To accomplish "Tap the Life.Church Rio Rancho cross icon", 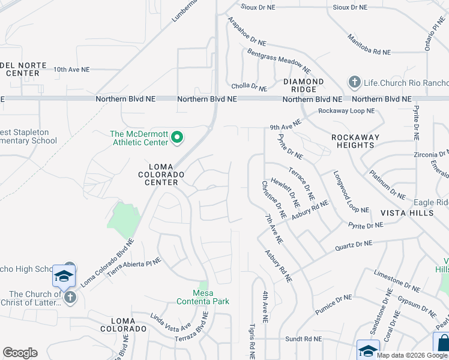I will (354, 82).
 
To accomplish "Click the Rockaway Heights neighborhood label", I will (355, 141).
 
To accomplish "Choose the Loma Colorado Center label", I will (164, 174).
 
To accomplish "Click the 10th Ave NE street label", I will (71, 70).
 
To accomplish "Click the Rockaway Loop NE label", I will (346, 111).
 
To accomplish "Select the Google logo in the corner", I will (20, 353).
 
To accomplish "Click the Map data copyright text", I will (412, 355).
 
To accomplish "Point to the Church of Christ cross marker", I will (70, 297).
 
